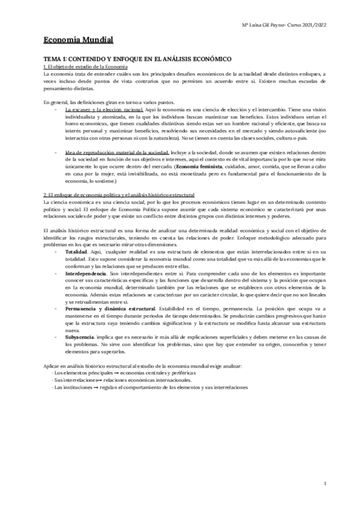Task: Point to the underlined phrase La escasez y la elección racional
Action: point(103,110)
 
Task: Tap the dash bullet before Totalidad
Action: point(56,251)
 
